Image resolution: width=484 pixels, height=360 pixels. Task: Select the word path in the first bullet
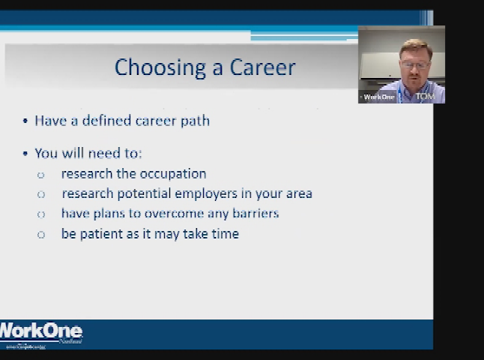(195, 121)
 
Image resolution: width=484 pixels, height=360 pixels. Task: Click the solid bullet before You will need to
(25, 154)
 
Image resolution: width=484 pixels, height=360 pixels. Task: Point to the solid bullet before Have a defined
(25, 121)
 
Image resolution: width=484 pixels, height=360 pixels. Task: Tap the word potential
(142, 193)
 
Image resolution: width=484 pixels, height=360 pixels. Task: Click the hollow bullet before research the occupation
(41, 175)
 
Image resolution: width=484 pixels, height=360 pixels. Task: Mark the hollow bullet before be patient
(41, 235)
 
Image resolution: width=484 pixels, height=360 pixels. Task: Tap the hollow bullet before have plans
(41, 214)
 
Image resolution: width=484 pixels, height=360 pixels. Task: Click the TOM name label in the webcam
(425, 97)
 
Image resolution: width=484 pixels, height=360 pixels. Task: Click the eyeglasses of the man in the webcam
(416, 64)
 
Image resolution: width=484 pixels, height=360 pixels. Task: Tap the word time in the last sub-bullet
(224, 234)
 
